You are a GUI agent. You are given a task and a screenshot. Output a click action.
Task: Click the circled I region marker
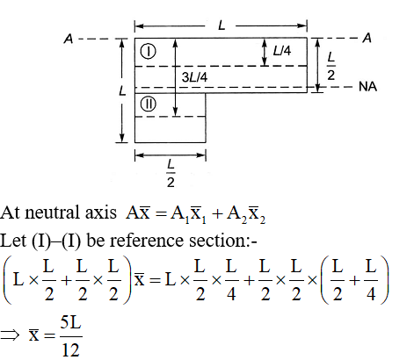pos(149,52)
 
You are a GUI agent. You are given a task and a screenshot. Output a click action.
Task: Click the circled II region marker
pos(149,104)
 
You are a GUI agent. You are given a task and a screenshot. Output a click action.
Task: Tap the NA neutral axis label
pos(367,87)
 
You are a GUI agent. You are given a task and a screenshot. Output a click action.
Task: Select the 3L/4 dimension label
pos(194,77)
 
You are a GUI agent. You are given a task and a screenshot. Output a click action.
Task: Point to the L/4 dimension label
pos(282,51)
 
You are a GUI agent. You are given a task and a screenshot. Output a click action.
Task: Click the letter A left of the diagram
pos(69,39)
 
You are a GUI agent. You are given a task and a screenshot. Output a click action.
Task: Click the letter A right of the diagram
pos(367,38)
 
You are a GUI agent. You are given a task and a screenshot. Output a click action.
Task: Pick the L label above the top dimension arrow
pos(222,25)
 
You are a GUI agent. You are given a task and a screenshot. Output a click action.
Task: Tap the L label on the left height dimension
pos(122,90)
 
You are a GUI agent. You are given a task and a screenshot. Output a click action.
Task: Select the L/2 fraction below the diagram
pos(171,174)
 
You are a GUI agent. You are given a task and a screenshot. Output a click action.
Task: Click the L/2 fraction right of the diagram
pos(330,66)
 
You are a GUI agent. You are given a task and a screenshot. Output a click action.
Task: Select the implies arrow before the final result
pos(10,335)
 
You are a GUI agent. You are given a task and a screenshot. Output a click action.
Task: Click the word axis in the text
pos(100,212)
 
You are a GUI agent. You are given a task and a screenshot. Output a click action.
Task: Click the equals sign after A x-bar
pos(161,213)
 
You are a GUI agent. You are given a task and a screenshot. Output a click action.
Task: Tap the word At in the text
pos(11,212)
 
